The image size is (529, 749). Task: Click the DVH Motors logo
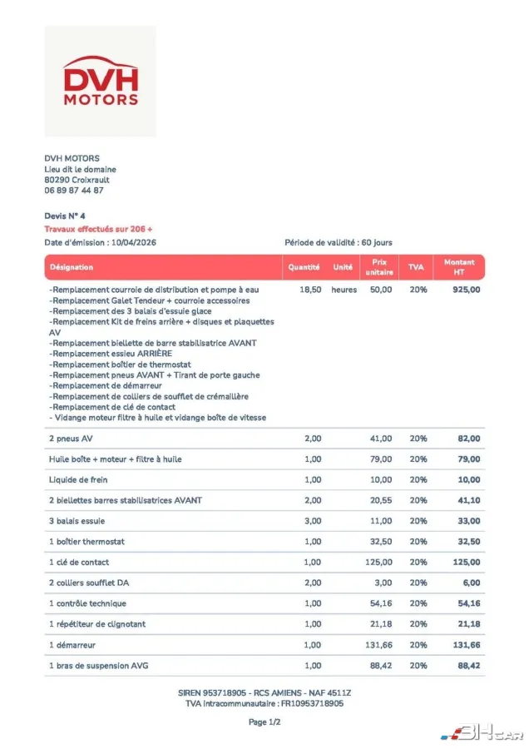click(100, 82)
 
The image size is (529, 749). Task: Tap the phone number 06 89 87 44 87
click(74, 191)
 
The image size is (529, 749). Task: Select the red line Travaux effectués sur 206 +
click(98, 229)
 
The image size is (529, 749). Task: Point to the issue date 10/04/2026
click(134, 242)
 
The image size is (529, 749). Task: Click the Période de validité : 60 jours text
click(339, 242)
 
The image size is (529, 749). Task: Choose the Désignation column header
click(72, 267)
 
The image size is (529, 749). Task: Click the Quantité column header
click(304, 267)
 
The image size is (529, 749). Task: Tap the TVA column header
click(417, 267)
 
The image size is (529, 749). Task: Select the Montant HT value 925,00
click(467, 290)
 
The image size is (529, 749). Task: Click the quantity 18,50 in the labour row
click(310, 290)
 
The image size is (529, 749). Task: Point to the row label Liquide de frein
click(78, 480)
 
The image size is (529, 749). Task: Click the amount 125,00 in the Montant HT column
click(467, 563)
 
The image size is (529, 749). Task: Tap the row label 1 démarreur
click(76, 645)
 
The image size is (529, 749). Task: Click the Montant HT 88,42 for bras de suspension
click(467, 666)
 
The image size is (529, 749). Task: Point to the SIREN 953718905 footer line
click(264, 692)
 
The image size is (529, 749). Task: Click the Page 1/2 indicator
click(264, 722)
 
